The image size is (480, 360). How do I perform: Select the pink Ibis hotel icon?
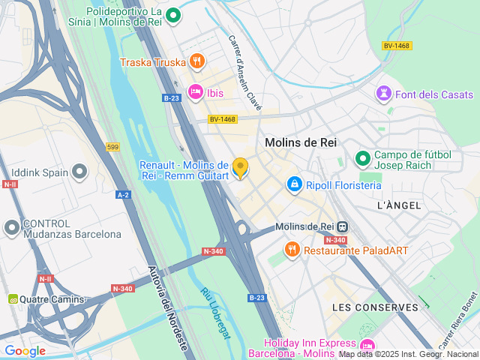[x=196, y=92]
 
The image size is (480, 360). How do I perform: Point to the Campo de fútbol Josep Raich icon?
[x=363, y=158]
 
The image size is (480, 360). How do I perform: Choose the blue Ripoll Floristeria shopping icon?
[x=295, y=184]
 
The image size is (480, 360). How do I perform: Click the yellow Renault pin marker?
[x=240, y=168]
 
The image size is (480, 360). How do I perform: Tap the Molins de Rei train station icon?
[x=342, y=226]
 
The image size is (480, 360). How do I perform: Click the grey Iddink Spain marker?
[x=79, y=172]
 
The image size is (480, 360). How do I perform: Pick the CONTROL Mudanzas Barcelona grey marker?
[x=12, y=226]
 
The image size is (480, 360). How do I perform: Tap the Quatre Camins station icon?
[x=13, y=299]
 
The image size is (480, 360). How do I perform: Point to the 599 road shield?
[x=112, y=147]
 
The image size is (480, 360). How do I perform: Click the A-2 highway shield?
[x=123, y=194]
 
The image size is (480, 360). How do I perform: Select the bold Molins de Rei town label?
[x=301, y=142]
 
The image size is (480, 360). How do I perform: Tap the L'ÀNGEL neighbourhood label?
[x=398, y=205]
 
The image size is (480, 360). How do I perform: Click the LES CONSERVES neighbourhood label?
[x=375, y=307]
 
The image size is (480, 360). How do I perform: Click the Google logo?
[x=25, y=350]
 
